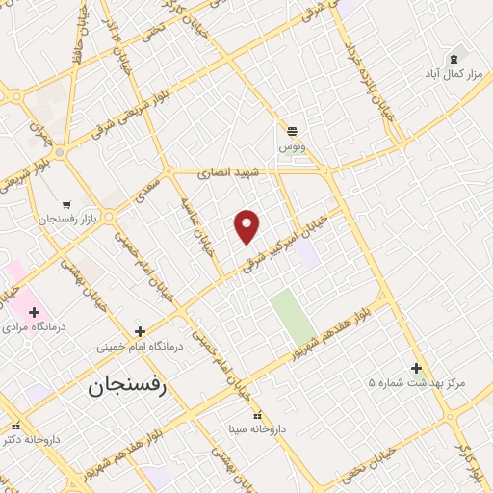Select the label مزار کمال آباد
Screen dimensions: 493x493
(x=454, y=73)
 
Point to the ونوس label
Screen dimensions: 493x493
(x=292, y=146)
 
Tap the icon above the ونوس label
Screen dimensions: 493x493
(x=292, y=130)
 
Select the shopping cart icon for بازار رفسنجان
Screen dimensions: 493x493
(x=66, y=204)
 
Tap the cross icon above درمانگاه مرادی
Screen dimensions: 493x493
(x=35, y=312)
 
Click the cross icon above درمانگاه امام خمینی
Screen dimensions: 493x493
(x=141, y=330)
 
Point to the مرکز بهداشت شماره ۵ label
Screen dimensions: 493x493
(x=416, y=383)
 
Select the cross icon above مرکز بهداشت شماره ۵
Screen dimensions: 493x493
(x=416, y=368)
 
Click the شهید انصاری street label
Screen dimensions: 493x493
(x=222, y=174)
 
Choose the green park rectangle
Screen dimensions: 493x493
(x=293, y=317)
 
